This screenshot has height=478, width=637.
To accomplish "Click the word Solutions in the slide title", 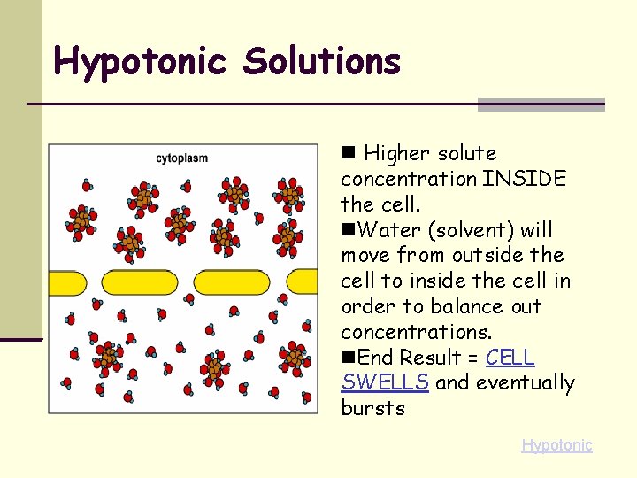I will point(322,62).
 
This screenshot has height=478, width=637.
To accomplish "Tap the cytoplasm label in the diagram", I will point(181,158).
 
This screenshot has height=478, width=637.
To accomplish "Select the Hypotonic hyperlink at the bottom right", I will point(556,445).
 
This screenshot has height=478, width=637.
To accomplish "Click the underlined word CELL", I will point(510,358).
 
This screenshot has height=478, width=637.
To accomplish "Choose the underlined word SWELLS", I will point(385,383).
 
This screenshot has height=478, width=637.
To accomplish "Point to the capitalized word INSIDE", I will point(525,179).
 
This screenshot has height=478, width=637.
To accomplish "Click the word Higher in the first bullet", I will point(394,154).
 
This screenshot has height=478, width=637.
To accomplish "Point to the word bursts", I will point(372,409).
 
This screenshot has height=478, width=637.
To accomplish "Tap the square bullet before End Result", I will point(349,358).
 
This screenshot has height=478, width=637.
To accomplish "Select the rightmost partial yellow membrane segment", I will point(303,282).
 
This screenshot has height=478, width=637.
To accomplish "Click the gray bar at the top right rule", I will point(541,104).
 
